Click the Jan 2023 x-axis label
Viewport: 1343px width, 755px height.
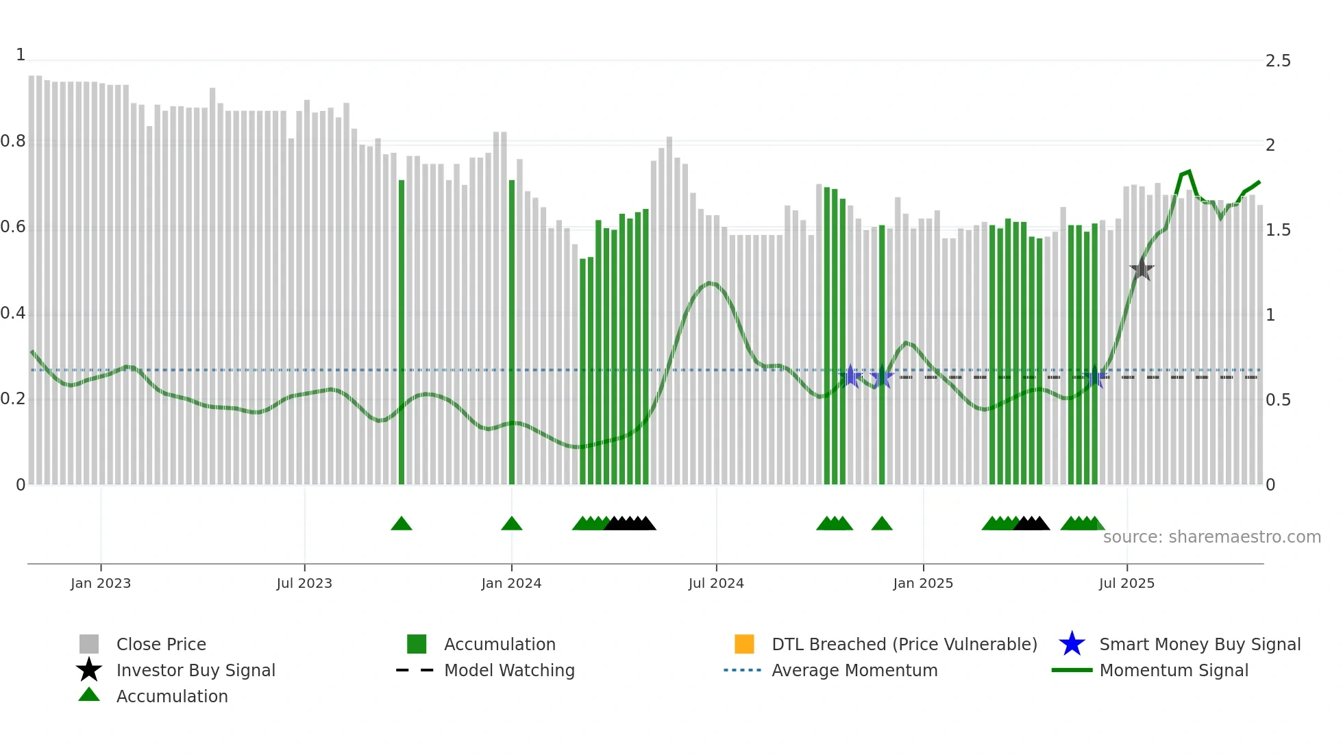click(101, 583)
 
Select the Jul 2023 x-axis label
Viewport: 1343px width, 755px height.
click(304, 583)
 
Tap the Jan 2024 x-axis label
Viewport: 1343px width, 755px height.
click(511, 583)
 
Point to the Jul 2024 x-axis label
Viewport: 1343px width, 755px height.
click(716, 583)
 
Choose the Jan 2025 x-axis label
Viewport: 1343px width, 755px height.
click(923, 583)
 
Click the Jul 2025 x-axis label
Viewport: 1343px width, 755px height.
click(1126, 583)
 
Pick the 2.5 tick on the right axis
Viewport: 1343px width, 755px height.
click(1278, 61)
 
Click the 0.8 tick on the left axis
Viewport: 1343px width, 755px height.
click(13, 142)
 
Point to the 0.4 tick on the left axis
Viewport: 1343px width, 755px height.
click(13, 314)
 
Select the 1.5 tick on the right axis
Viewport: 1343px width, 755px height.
click(1278, 230)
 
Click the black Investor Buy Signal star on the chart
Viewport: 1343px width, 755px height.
click(1142, 269)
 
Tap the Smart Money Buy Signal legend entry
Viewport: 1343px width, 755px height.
click(1199, 644)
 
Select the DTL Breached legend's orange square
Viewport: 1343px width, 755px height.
click(744, 644)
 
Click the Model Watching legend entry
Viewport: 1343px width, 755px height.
click(508, 670)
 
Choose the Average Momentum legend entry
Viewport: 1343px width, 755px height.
click(854, 670)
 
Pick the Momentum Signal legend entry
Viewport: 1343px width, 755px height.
click(1173, 670)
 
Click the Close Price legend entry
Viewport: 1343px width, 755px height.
click(160, 644)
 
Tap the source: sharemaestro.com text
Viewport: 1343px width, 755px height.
click(1211, 537)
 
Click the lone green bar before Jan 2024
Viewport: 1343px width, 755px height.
click(402, 332)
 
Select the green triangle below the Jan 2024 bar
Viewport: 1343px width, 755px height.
click(512, 524)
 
